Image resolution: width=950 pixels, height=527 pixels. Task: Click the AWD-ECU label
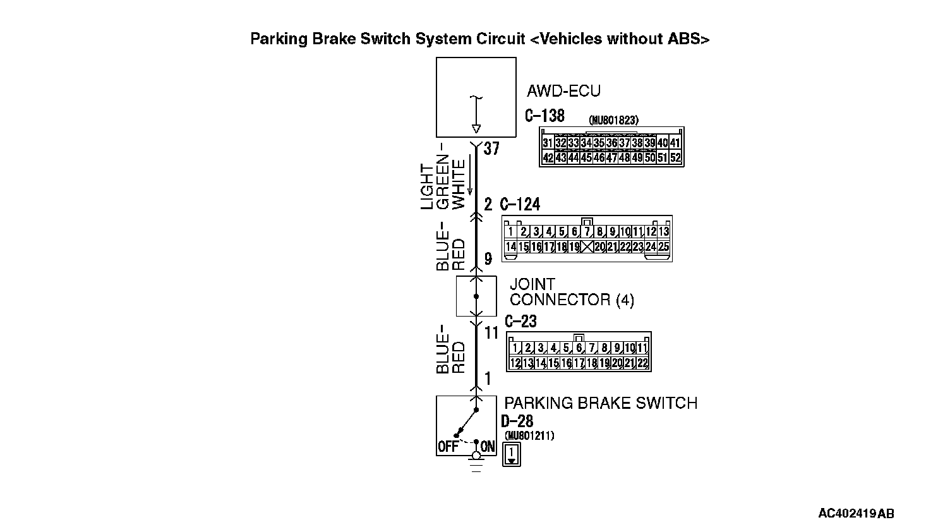563,91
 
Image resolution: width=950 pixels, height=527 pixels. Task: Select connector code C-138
544,116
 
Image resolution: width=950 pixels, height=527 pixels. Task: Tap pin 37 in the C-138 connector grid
624,143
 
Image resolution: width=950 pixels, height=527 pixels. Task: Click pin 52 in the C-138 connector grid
675,158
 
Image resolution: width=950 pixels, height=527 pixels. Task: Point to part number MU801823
613,119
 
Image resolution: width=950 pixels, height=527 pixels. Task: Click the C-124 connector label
520,204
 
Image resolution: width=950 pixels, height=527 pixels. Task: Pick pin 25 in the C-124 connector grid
663,247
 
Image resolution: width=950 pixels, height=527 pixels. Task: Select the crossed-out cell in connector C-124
587,247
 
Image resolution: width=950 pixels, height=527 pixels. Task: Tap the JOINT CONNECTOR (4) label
571,292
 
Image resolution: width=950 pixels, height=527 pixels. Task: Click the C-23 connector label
520,322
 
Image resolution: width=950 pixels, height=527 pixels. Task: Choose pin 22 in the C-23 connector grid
642,363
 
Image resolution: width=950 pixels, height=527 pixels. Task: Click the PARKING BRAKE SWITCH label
600,403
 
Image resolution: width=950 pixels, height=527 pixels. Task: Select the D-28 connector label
517,421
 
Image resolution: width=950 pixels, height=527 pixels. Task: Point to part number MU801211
529,435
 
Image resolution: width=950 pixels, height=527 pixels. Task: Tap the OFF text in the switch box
447,447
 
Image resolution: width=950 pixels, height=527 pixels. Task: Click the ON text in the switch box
488,447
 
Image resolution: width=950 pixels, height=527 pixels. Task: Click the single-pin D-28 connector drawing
511,454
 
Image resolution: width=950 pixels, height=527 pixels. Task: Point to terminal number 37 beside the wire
491,149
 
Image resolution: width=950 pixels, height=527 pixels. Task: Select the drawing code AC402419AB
856,513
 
